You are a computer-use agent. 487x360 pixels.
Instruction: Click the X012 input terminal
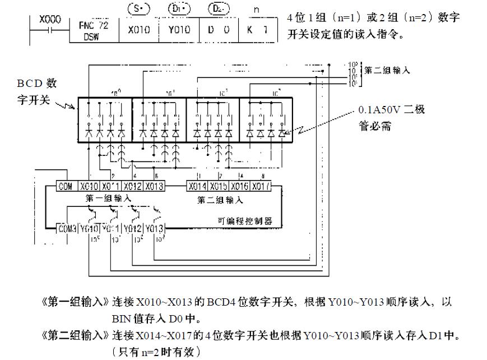tap(133, 187)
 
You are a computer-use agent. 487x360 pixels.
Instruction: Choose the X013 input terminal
tap(155, 187)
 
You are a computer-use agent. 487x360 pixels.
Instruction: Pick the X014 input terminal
tap(197, 187)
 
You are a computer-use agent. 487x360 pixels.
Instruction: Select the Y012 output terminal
tap(133, 229)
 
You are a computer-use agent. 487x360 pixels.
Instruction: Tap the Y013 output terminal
tap(155, 229)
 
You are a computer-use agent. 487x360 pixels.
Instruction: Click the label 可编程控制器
tap(244, 221)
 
